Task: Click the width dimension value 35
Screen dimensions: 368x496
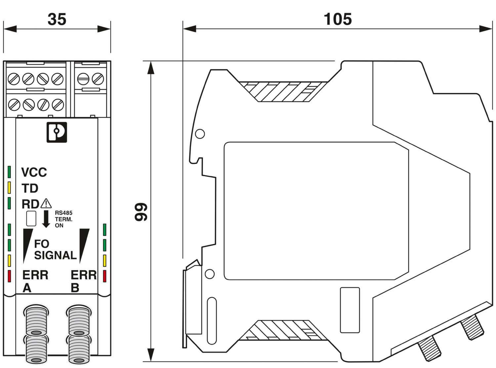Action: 57,20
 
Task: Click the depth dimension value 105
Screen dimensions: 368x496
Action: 337,20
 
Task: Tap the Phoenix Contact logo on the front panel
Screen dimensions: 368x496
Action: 57,132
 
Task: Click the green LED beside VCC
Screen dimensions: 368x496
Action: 9,172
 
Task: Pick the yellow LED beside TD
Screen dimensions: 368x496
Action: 9,188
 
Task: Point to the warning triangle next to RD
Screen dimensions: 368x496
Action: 46,203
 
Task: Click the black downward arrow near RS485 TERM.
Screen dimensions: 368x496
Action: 46,219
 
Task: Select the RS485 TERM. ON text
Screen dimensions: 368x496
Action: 63,219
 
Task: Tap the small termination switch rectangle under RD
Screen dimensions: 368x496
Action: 31,218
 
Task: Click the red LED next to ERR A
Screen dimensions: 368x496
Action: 9,276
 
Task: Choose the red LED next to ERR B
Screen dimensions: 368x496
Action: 104,276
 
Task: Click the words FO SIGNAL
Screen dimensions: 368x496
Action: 55,249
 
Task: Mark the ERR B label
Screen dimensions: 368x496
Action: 83,281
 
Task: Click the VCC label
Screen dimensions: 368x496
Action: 34,172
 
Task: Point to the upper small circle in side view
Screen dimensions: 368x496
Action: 200,134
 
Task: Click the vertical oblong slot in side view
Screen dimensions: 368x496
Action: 212,321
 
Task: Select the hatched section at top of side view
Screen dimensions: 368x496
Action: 283,91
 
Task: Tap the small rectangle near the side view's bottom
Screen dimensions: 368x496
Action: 350,310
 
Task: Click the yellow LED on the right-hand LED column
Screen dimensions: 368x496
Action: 104,261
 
